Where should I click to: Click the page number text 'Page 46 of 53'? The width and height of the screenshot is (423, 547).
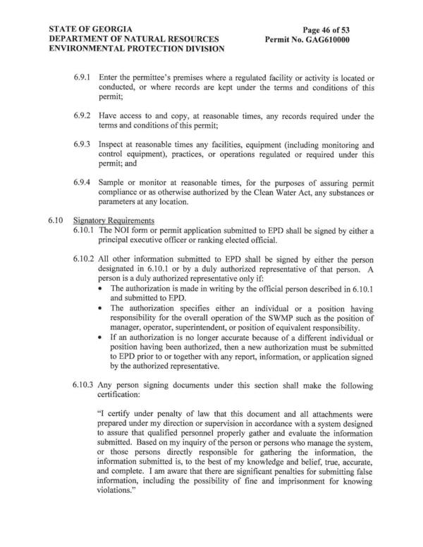326,29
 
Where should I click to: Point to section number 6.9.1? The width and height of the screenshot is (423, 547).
83,77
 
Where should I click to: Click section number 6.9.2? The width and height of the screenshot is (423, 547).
83,115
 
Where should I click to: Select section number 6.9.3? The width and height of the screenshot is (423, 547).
83,144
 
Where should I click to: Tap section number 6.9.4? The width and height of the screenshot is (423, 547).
83,182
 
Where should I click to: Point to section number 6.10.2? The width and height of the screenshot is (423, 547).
87,259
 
